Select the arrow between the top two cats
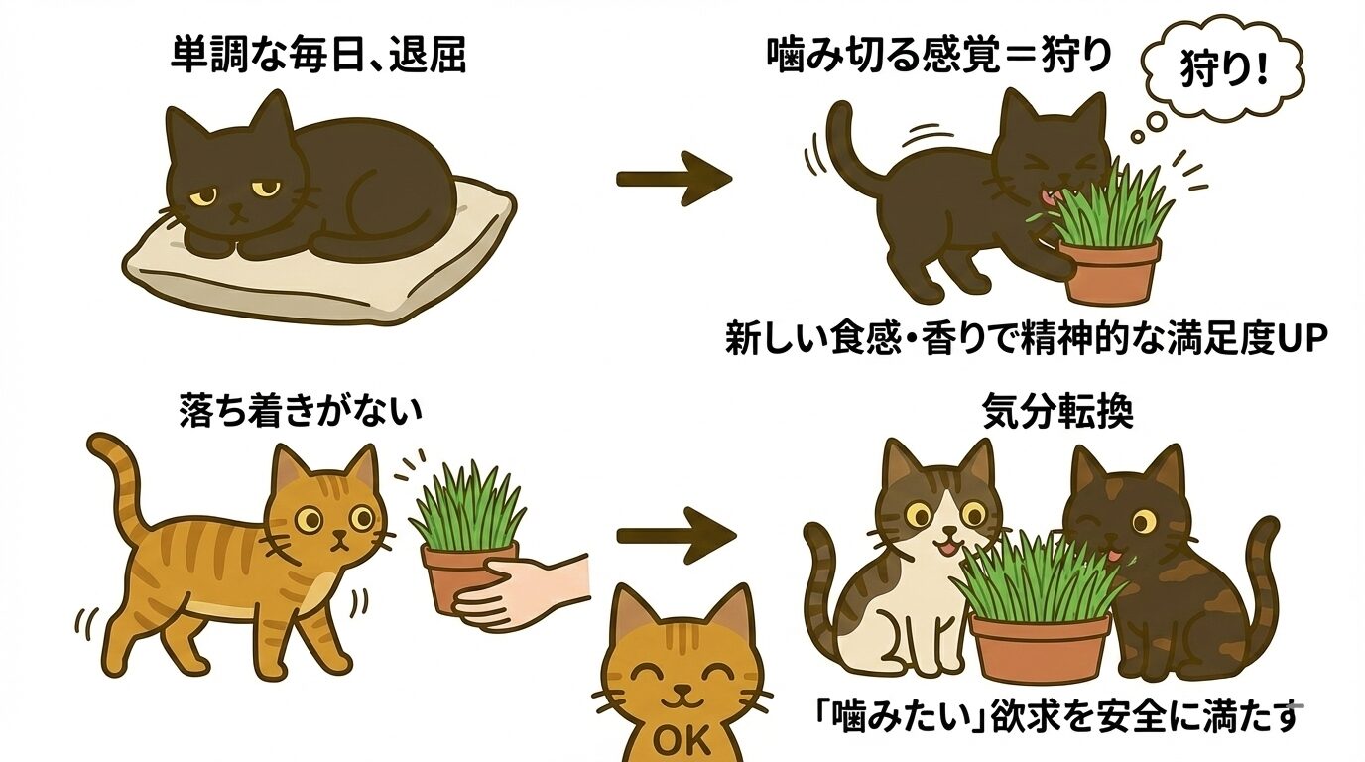674,179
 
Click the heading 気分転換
1057,411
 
